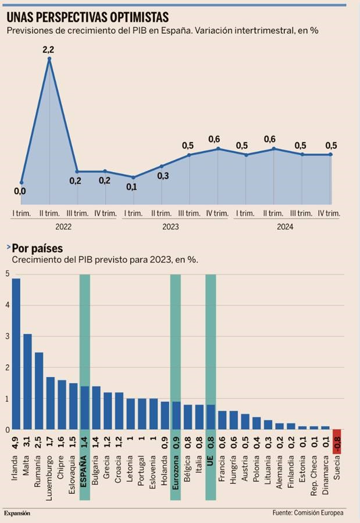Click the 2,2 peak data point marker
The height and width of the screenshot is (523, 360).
point(49,58)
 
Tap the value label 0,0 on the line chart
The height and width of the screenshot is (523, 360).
point(19,191)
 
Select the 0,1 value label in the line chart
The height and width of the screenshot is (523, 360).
point(131,187)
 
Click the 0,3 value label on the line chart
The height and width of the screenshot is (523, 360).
point(163,176)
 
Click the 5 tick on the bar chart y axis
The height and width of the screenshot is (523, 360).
point(7,273)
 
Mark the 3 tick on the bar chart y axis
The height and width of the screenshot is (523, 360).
point(7,336)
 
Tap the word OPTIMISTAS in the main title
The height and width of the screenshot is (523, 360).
point(131,17)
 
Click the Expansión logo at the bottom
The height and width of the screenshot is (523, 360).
point(17,513)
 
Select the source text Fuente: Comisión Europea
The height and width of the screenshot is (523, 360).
point(308,513)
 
